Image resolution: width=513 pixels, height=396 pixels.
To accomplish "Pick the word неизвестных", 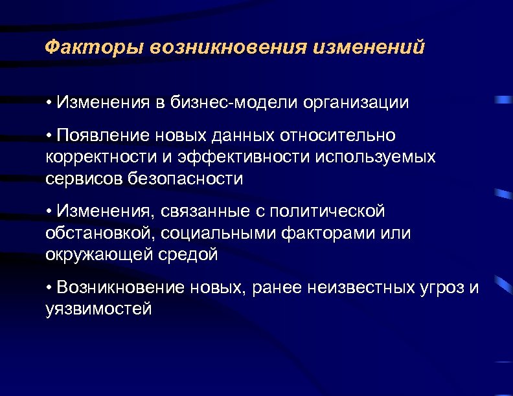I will coord(354,287).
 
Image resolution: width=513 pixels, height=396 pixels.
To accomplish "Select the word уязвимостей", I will coord(99,309).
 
